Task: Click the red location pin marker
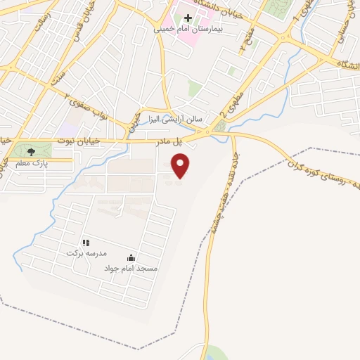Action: tap(181, 166)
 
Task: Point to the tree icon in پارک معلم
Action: tap(30, 151)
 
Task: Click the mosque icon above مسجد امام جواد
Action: tap(131, 257)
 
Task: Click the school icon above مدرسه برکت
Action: tap(86, 242)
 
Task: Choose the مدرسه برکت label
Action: tap(86, 252)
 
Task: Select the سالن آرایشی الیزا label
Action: tap(170, 119)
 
